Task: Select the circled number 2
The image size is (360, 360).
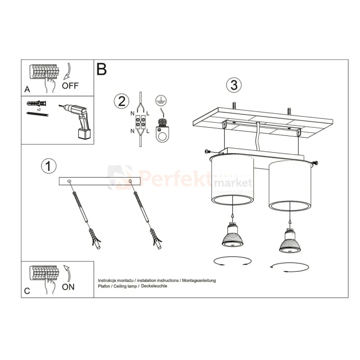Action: (121, 101)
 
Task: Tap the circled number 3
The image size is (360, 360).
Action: (233, 85)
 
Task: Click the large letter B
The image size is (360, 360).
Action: (101, 69)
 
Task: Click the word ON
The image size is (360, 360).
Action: (68, 287)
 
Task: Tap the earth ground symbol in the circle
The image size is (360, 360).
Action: (161, 100)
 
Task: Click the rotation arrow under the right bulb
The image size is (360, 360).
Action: (289, 267)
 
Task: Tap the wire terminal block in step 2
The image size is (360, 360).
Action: (141, 124)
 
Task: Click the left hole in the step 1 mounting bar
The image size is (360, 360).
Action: (70, 181)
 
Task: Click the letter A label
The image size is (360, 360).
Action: (27, 89)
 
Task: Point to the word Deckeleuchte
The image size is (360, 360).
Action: (154, 286)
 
